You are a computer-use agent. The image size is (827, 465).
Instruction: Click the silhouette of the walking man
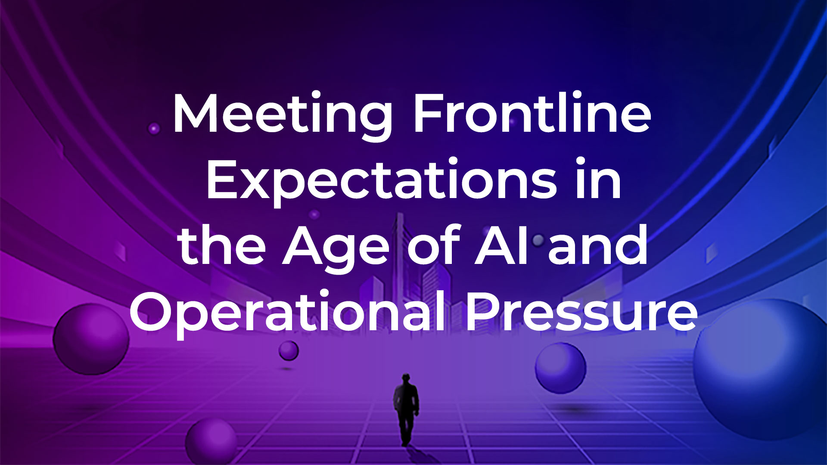[406, 409]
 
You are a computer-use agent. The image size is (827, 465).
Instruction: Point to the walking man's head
[406, 378]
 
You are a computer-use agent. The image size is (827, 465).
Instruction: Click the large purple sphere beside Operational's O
[91, 339]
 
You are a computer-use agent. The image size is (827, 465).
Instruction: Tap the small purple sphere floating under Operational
[289, 350]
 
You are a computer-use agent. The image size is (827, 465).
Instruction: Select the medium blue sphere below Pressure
[560, 368]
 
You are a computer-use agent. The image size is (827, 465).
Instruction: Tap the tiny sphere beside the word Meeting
[154, 128]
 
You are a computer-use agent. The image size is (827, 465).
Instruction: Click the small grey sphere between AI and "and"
[538, 240]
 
